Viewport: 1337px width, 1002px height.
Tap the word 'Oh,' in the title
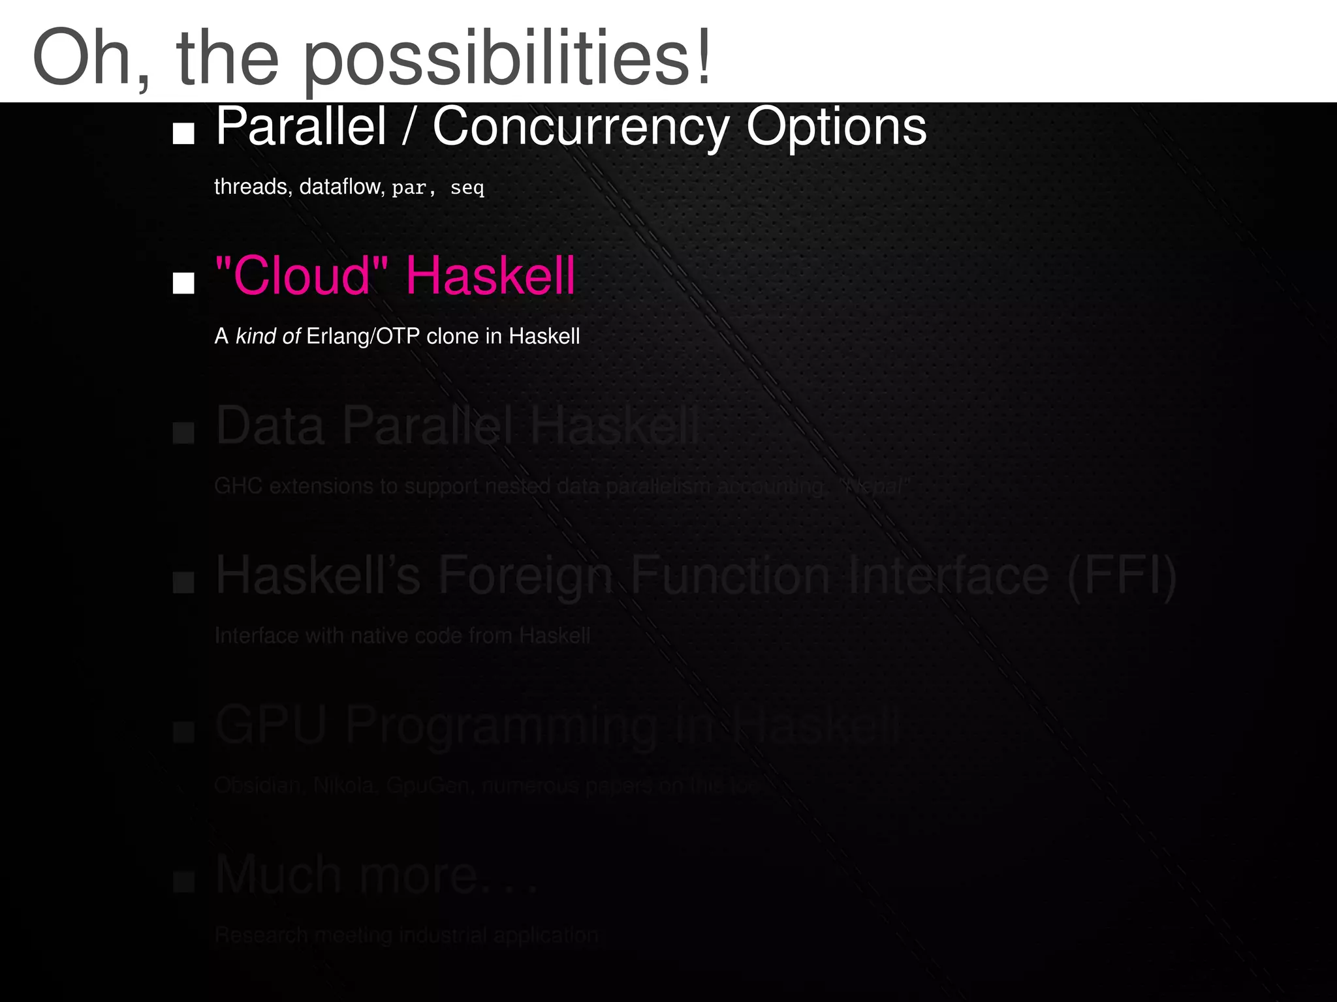pyautogui.click(x=91, y=59)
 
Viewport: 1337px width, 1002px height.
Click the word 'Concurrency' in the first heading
pyautogui.click(x=580, y=128)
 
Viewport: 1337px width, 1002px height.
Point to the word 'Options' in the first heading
pyautogui.click(x=836, y=128)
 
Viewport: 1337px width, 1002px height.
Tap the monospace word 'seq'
pyautogui.click(x=467, y=188)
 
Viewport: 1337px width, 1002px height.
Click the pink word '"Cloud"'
pyautogui.click(x=302, y=275)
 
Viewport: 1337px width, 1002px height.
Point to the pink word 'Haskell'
pyautogui.click(x=490, y=275)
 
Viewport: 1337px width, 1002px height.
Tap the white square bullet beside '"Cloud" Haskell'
pyautogui.click(x=183, y=283)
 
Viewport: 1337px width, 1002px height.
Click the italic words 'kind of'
pyautogui.click(x=268, y=336)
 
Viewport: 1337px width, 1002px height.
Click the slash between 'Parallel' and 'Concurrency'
pyautogui.click(x=409, y=128)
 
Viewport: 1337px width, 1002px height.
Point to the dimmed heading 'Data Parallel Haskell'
pyautogui.click(x=457, y=425)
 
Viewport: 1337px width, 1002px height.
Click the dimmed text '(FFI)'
pyautogui.click(x=1122, y=575)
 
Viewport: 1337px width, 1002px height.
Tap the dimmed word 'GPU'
pyautogui.click(x=270, y=725)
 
